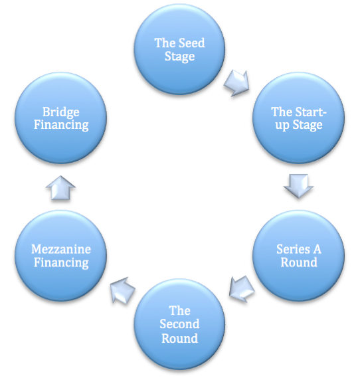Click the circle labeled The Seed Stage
[179, 50]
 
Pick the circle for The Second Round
[179, 324]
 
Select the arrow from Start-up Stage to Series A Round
[298, 187]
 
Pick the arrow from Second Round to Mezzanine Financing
[123, 288]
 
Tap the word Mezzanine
[61, 249]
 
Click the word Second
[179, 324]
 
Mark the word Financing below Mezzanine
[61, 262]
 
